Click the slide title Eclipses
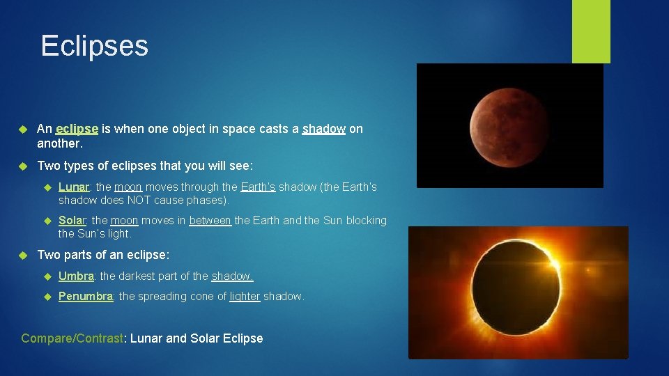[x=94, y=46]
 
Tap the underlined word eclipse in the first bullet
[x=77, y=129]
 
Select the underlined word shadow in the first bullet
[x=324, y=129]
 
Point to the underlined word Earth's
[x=258, y=187]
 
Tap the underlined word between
[x=210, y=220]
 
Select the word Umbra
[x=76, y=276]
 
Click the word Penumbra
[x=86, y=296]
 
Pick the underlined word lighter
[x=245, y=296]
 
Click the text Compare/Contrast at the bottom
[x=72, y=338]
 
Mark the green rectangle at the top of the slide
[x=591, y=31]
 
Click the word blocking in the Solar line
[x=367, y=220]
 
